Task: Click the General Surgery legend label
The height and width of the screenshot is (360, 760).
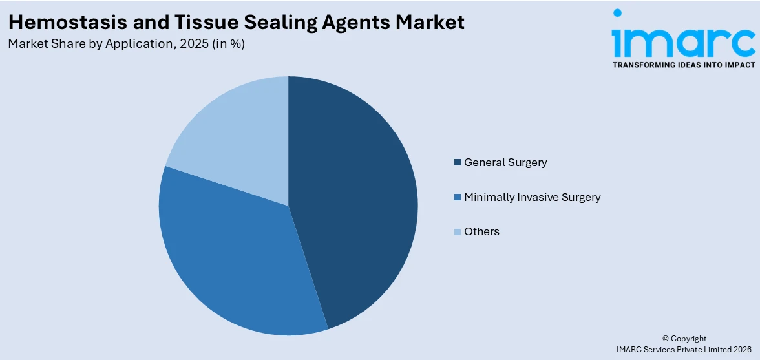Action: pos(505,162)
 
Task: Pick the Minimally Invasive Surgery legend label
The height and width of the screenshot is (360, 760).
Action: pos(532,197)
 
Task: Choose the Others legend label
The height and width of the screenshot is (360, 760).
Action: pos(481,231)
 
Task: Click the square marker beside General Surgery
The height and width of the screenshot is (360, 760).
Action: pos(458,162)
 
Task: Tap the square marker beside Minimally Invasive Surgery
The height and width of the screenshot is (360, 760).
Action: pos(458,197)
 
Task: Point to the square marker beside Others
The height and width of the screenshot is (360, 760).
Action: pos(458,231)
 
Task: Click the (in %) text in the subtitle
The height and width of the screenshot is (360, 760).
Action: pos(229,44)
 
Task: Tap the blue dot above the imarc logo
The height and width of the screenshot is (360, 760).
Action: pos(617,12)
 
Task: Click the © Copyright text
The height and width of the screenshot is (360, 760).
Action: pos(684,338)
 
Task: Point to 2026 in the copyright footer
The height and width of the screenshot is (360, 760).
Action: pos(742,349)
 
